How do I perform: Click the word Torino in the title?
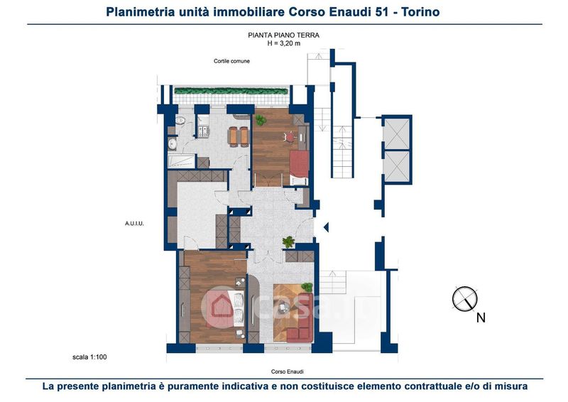[x=421, y=12]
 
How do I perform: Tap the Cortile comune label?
[x=231, y=61]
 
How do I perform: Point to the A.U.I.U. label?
[x=134, y=224]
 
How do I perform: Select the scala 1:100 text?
[x=89, y=357]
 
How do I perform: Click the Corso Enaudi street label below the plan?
[x=288, y=371]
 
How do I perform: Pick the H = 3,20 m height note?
[x=283, y=43]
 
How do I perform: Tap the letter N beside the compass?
[x=481, y=318]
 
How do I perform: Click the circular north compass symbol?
[x=465, y=299]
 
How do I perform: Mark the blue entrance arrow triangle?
[x=326, y=227]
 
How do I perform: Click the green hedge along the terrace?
[x=231, y=91]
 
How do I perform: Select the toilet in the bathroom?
[x=180, y=120]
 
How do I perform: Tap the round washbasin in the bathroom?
[x=172, y=143]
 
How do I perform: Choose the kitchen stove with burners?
[x=204, y=131]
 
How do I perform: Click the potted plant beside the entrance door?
[x=288, y=241]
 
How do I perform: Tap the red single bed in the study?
[x=299, y=164]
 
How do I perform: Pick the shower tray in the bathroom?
[x=182, y=161]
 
